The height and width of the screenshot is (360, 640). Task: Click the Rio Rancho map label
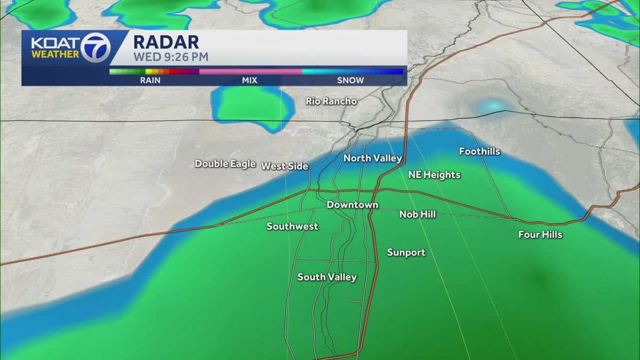point(331,101)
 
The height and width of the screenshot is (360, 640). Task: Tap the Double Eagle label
point(225,164)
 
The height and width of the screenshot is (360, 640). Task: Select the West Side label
point(285,166)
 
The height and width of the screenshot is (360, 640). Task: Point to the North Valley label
point(372,158)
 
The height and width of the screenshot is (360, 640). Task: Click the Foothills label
point(479,151)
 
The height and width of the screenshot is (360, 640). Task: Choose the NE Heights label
point(434,174)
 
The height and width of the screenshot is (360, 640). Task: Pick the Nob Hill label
point(418,214)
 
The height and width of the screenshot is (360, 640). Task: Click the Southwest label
point(292,227)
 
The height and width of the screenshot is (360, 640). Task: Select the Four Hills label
point(540,235)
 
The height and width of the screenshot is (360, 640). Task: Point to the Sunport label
point(406,253)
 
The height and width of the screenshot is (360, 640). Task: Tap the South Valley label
point(327,277)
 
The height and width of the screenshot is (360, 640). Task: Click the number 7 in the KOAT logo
point(96,47)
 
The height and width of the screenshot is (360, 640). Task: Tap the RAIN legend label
point(151,81)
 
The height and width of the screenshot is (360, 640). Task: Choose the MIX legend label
point(250,81)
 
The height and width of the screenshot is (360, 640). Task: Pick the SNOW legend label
point(350,81)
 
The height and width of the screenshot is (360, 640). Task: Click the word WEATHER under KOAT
point(55,54)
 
